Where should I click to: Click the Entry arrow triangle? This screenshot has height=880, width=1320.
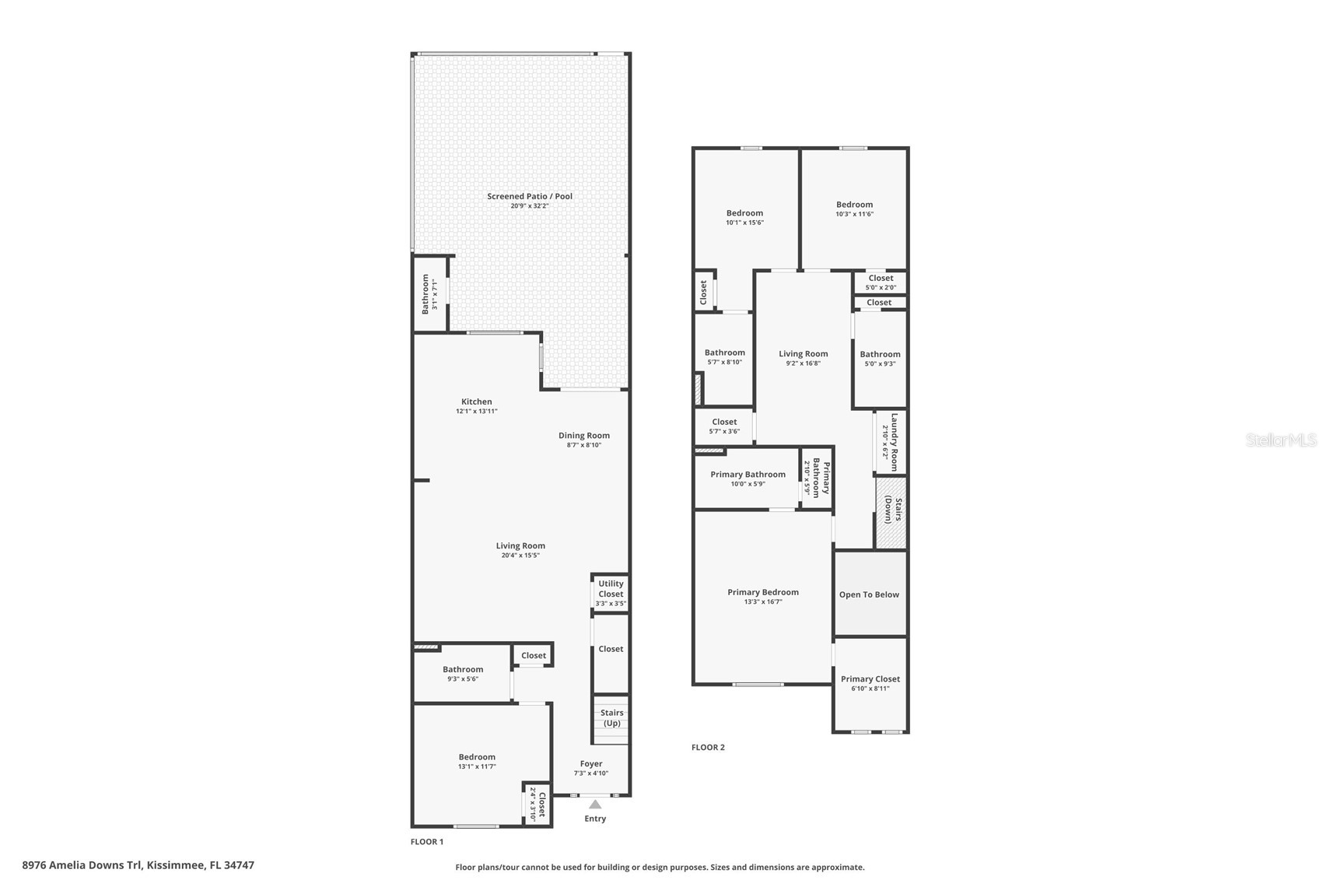click(595, 804)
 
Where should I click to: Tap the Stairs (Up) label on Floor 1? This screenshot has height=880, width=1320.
click(611, 718)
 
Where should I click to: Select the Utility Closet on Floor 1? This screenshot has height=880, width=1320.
click(611, 593)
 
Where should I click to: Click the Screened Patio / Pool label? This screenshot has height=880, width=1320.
click(530, 196)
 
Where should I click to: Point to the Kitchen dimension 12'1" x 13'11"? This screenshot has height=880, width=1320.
click(477, 412)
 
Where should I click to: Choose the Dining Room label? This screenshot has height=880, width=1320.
click(584, 436)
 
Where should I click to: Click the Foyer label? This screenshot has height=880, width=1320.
click(591, 764)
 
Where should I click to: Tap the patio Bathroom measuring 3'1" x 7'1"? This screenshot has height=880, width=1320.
click(430, 293)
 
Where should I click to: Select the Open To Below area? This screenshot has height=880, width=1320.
click(870, 594)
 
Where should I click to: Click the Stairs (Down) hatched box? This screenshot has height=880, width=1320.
click(891, 512)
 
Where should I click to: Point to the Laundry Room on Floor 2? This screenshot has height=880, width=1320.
click(890, 442)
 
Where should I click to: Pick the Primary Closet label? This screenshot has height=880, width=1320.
click(870, 679)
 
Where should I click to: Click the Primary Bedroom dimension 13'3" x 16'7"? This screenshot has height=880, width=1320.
click(763, 601)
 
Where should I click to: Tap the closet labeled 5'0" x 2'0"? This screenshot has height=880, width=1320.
click(881, 282)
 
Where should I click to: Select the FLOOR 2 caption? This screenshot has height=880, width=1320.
click(709, 748)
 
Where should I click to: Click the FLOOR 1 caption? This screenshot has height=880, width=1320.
click(427, 842)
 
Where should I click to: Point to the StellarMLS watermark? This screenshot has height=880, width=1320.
click(1280, 440)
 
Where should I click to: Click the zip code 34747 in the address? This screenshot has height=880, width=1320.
click(240, 865)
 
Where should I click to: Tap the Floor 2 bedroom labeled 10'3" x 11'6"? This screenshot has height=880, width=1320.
click(854, 209)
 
